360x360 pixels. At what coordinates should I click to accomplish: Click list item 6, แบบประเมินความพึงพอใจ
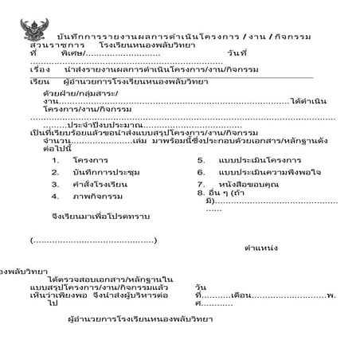click(262, 172)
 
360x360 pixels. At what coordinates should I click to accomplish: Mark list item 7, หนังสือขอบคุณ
click(248, 183)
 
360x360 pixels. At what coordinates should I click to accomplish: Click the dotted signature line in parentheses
click(93, 239)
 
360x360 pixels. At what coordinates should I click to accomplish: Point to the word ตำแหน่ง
click(261, 248)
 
